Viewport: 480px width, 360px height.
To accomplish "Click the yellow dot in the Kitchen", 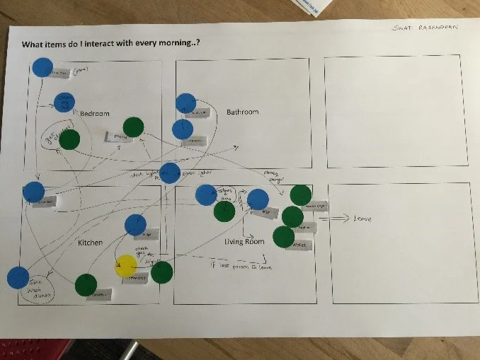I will (x=125, y=266).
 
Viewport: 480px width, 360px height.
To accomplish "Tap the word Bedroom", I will (x=95, y=114).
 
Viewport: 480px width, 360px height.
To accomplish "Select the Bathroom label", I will (x=242, y=112).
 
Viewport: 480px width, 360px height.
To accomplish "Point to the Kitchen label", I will (x=90, y=243).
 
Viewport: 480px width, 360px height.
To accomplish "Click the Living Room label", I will (x=244, y=242).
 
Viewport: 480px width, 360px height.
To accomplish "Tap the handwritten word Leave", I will (x=362, y=219).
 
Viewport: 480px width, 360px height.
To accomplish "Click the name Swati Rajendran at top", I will (x=425, y=28).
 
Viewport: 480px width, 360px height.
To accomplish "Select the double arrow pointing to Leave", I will (x=332, y=219).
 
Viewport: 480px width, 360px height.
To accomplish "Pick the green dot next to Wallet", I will (x=283, y=237).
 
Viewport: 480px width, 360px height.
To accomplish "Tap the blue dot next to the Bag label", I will (x=258, y=199).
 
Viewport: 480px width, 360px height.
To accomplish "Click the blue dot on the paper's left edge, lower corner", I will (x=18, y=277).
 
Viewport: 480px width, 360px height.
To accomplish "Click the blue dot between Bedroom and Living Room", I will (x=169, y=173).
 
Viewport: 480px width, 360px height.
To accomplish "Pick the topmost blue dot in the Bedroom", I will (x=42, y=67).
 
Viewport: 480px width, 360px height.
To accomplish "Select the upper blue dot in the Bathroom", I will (x=185, y=103).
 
